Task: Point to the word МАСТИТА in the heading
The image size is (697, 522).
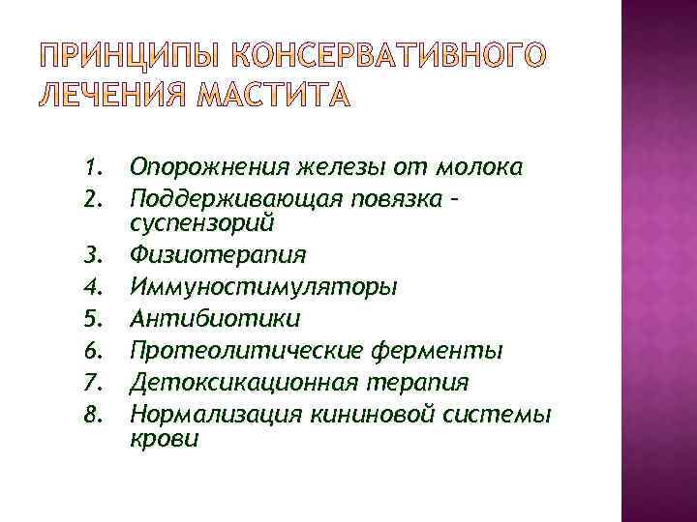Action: click(x=274, y=97)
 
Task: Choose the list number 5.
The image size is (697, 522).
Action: click(x=93, y=319)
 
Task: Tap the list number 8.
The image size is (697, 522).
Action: click(x=93, y=415)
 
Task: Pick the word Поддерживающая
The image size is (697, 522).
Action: click(x=232, y=200)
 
